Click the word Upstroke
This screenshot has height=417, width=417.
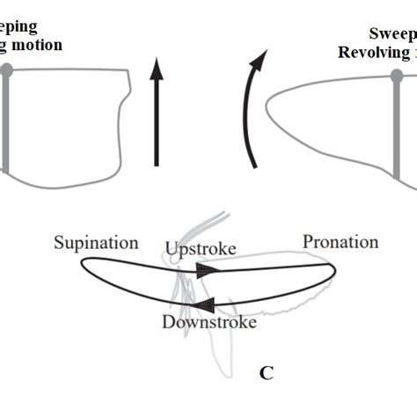201,250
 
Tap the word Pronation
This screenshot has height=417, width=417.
340,241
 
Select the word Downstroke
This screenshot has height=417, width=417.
209,322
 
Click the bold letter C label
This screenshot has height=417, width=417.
266,373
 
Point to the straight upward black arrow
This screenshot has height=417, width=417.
156,114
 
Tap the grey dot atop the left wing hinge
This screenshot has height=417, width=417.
6,69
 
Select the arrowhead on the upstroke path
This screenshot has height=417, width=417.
208,273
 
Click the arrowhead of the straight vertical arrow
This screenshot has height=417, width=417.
156,67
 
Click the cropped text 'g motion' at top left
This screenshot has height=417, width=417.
32,44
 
